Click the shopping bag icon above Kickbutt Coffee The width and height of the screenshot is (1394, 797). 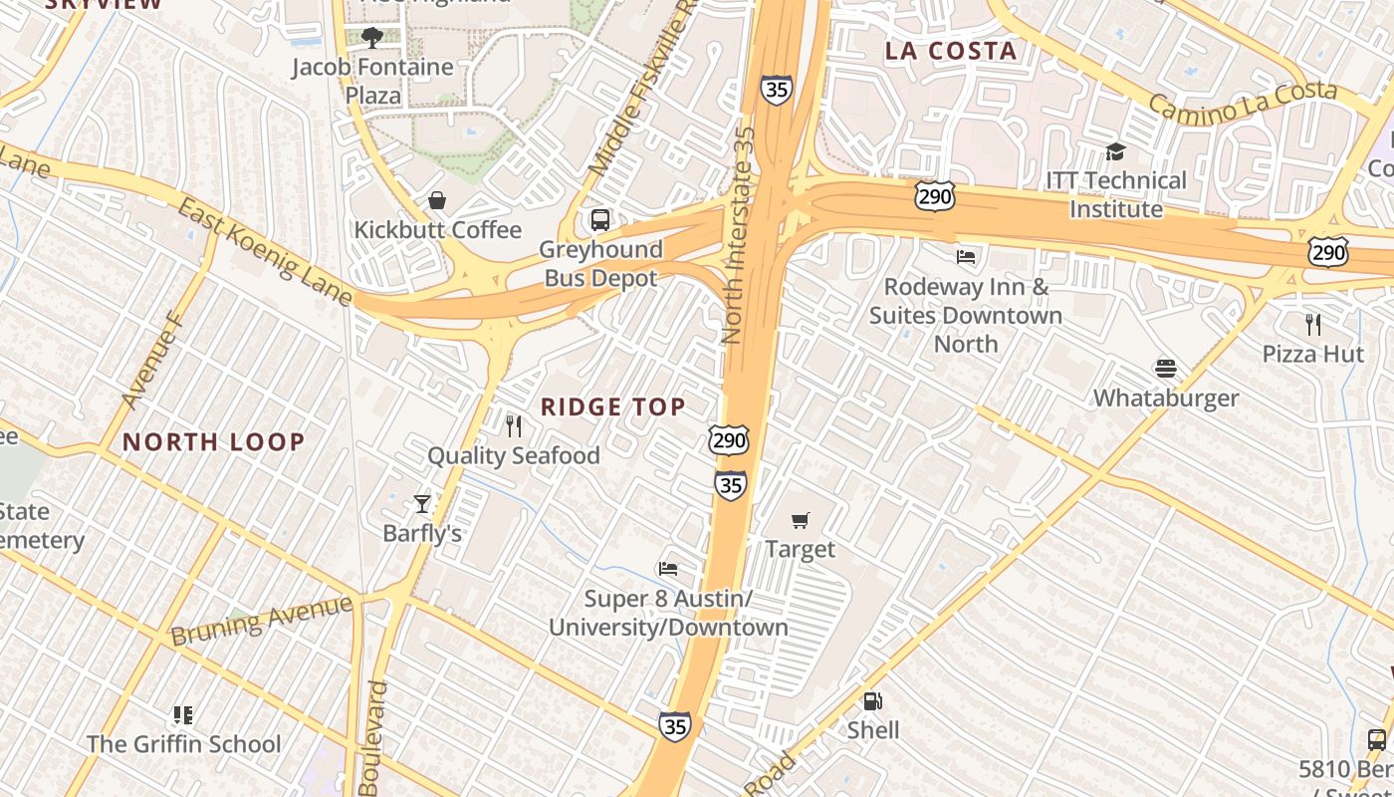(436, 201)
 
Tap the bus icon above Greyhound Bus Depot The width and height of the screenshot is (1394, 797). (599, 220)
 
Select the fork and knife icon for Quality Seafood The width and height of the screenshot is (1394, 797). (514, 426)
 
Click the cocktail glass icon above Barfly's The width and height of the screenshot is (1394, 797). (422, 504)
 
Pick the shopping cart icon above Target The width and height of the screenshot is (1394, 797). (801, 520)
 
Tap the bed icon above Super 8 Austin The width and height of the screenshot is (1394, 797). (668, 569)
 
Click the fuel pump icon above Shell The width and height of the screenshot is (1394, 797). (872, 701)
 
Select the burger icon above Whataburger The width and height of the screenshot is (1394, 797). (1166, 369)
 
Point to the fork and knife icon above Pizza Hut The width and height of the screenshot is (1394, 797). (1313, 324)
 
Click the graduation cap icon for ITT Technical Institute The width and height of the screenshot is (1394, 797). (1115, 151)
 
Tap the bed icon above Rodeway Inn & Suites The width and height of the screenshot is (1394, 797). (966, 257)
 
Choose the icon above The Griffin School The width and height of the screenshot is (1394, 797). (183, 714)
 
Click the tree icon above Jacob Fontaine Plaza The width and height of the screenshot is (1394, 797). (372, 38)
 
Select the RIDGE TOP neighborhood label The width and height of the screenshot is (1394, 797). (612, 406)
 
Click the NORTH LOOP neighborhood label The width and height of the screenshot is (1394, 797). (213, 441)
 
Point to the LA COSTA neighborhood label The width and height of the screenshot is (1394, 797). (951, 51)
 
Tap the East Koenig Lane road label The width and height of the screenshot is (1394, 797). (265, 252)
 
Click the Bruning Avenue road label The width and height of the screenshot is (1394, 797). (261, 620)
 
